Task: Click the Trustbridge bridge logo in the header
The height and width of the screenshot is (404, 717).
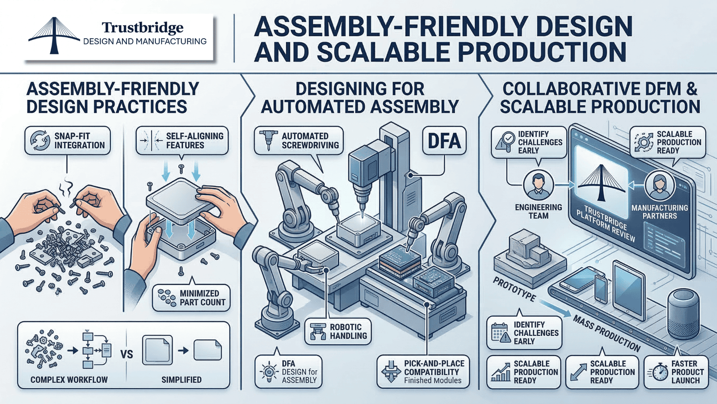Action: pos(54,36)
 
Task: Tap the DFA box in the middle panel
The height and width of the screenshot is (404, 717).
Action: pos(444,141)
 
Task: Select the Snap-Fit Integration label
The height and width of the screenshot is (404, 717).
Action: pos(67,141)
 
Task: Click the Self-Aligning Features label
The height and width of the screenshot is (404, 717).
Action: pos(182,141)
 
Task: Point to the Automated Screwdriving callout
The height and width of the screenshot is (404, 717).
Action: pos(298,141)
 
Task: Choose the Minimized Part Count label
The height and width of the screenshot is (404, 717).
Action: pos(191,298)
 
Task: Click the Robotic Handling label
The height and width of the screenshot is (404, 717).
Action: pos(338,331)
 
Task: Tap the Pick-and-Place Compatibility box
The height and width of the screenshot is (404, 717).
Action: pos(423,372)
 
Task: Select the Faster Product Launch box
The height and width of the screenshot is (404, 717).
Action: pos(676,372)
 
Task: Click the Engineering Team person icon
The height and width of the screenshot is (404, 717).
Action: pos(538,185)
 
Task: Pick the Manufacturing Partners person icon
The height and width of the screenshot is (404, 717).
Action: pos(659,185)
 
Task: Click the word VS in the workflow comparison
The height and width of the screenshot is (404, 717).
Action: pos(127,354)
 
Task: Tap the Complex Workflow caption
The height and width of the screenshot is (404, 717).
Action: pos(69,380)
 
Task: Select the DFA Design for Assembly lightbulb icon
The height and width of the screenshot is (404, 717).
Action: pos(269,372)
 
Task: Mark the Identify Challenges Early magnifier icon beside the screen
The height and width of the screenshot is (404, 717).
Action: pos(505,141)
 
